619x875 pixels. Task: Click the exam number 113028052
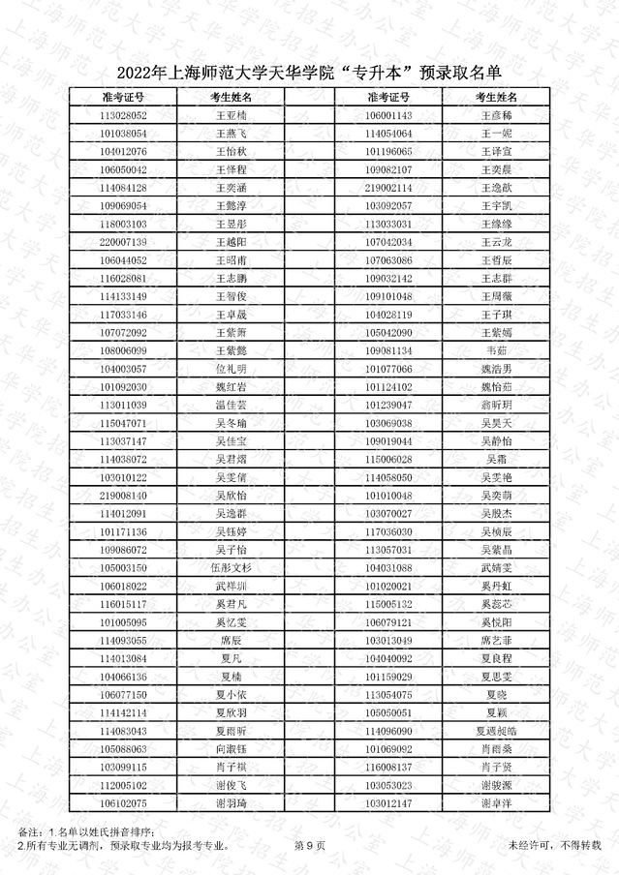(123, 115)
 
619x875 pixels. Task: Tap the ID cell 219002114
(388, 187)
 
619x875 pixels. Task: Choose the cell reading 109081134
(388, 350)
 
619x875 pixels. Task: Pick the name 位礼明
(232, 369)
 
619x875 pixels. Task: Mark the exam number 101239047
(388, 405)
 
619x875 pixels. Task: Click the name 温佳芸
(232, 405)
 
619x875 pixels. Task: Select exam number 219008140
(123, 496)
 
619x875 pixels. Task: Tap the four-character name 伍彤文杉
(232, 568)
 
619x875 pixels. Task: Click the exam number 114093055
(123, 641)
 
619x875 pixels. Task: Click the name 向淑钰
(232, 749)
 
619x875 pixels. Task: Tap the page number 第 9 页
(309, 845)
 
